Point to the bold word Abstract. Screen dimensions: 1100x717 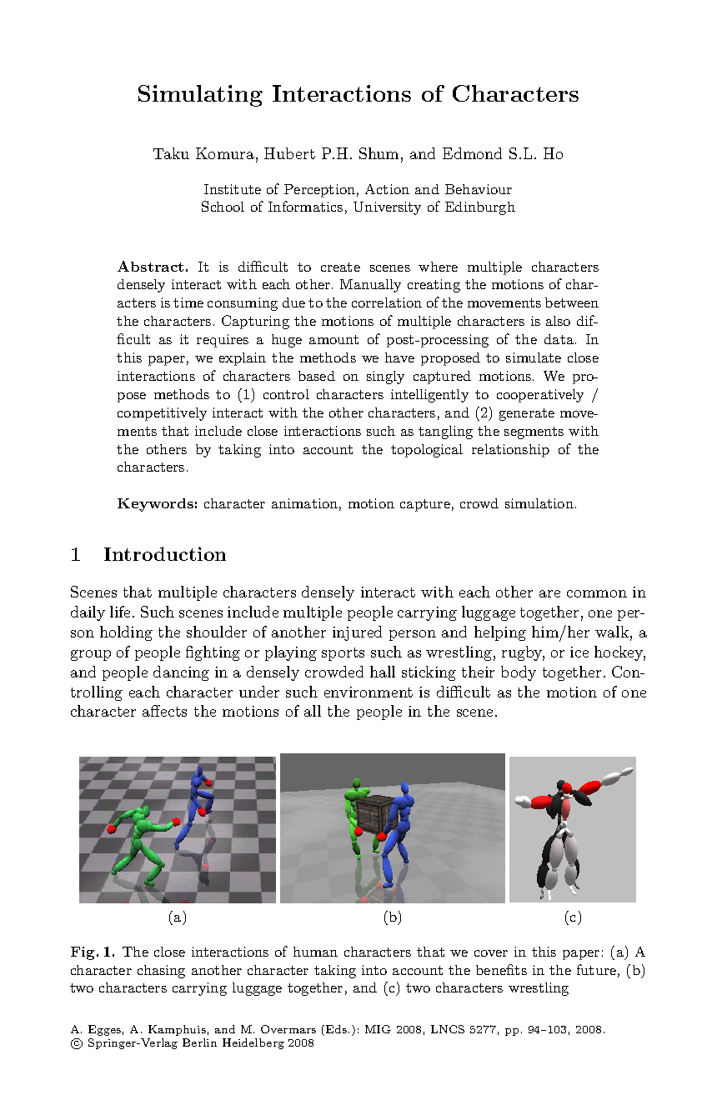[x=153, y=267]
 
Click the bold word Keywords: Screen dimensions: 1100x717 [x=158, y=503]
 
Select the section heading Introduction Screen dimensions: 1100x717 [x=164, y=555]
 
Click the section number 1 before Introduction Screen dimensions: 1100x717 [x=76, y=555]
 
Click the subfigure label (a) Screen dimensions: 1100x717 [x=177, y=917]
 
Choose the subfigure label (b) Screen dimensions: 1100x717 [x=392, y=917]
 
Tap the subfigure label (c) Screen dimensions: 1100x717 [x=572, y=917]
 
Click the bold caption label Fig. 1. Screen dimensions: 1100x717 [x=93, y=952]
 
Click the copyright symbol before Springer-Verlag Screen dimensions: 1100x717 [x=75, y=1043]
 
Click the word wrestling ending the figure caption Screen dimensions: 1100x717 [x=538, y=988]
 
